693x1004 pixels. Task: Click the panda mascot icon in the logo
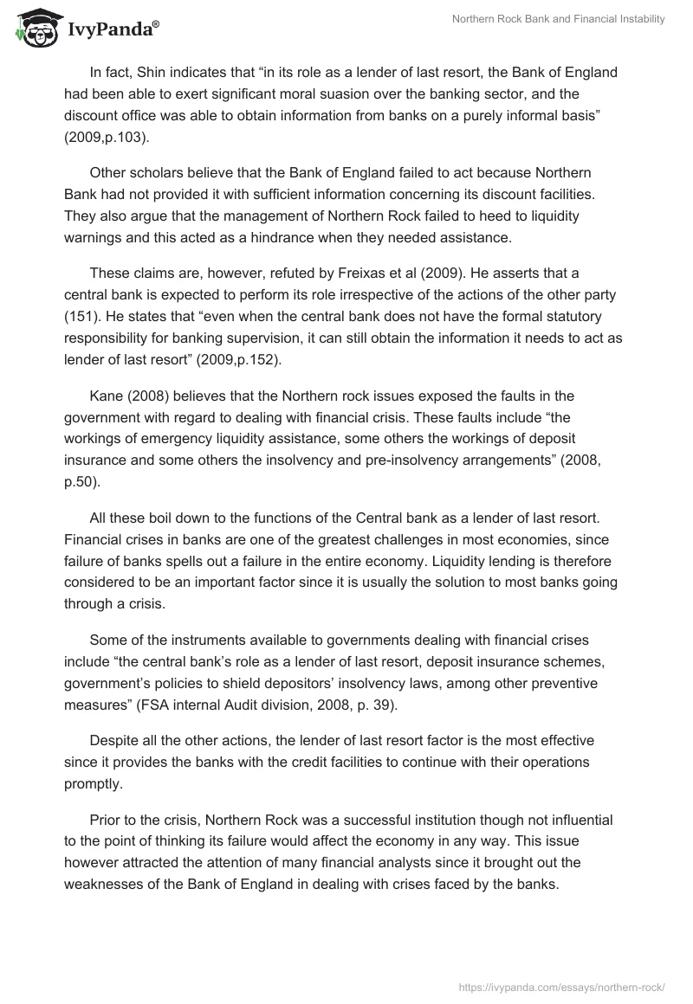click(32, 27)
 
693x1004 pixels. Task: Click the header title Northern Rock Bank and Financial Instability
click(559, 19)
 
